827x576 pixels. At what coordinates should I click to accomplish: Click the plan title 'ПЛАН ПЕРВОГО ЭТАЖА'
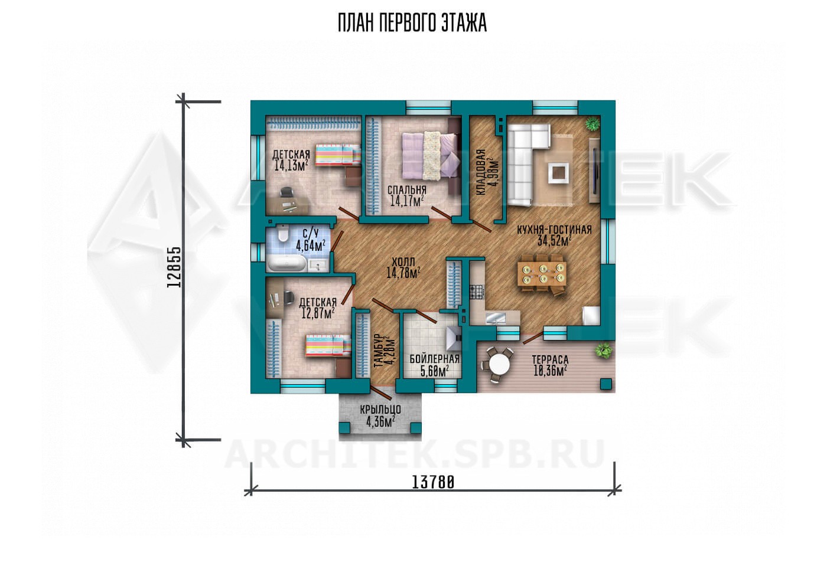point(412,23)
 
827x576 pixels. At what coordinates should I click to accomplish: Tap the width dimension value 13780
point(432,482)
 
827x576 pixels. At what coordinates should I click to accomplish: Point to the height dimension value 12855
point(174,267)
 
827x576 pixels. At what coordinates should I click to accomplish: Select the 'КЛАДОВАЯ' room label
point(480,172)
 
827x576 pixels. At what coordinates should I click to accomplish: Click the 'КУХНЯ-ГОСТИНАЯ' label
point(554,230)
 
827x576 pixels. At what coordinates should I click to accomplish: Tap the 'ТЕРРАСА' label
point(550,359)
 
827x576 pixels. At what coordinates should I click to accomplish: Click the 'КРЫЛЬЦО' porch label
point(380,410)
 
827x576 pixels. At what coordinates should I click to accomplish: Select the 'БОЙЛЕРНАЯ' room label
point(435,359)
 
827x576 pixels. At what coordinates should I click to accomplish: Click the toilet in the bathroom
point(283,234)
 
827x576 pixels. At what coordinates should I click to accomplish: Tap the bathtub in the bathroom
point(286,264)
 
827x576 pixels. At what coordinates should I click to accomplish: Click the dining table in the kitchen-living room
point(542,273)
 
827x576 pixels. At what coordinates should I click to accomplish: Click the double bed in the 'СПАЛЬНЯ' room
point(431,156)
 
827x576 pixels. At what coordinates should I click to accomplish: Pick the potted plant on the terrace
point(603,349)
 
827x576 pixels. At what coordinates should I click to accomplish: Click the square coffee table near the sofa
point(559,172)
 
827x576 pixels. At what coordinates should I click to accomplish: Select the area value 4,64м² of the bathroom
point(311,246)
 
